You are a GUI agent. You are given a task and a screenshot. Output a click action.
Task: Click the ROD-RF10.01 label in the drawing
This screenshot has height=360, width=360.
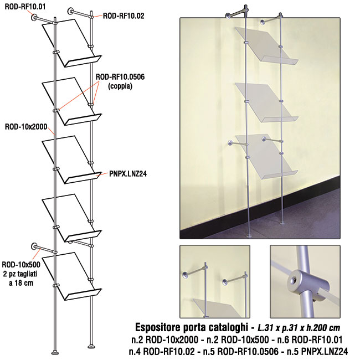(x=25, y=7)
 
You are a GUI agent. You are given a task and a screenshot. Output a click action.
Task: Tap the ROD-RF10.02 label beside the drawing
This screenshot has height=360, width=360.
(x=124, y=16)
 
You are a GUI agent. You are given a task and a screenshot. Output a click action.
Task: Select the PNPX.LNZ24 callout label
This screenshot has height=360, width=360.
(x=128, y=174)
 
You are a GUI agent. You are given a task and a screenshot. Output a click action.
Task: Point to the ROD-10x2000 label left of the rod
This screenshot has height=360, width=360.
(x=26, y=127)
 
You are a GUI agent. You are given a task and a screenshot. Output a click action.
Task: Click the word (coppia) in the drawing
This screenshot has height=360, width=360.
(x=120, y=86)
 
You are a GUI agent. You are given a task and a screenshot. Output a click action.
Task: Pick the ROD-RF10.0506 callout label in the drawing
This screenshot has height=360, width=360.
(x=120, y=76)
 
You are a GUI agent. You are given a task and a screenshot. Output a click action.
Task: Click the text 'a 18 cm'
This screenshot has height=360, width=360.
(x=21, y=283)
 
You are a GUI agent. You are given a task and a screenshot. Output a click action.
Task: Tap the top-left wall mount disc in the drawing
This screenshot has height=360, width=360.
(x=34, y=17)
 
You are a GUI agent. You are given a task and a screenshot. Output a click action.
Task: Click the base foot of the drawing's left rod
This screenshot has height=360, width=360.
(x=55, y=352)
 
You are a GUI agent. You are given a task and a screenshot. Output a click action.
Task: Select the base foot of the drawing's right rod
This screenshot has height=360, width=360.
(x=92, y=346)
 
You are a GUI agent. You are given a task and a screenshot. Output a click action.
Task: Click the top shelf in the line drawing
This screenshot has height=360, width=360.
(x=71, y=43)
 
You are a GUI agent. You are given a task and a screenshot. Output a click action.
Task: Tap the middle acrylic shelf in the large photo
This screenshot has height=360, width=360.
(x=266, y=102)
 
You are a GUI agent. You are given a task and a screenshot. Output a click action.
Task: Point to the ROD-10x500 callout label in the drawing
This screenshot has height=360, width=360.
(x=21, y=265)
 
